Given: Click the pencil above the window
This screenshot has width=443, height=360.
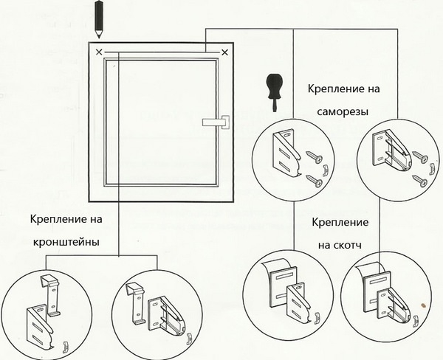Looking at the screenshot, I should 98,18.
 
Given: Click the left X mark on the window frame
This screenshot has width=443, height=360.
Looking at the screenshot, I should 100,52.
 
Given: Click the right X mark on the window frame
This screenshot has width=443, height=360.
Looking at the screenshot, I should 224,52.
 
